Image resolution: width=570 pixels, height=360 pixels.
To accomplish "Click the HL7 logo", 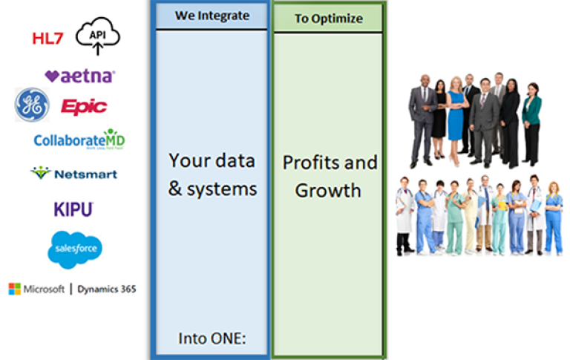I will point(49,39).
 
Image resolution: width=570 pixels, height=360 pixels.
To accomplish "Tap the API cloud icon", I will point(98,36).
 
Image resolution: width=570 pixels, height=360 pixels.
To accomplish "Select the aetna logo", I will point(79,76).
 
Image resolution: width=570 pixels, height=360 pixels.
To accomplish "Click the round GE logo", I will point(32,105).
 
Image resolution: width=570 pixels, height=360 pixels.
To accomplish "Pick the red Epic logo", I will point(84,107).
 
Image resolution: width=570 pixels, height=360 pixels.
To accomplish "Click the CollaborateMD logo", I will point(79,139).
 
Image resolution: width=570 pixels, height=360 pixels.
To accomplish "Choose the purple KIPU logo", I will point(73,209).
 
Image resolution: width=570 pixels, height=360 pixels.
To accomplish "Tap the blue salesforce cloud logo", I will point(74,248).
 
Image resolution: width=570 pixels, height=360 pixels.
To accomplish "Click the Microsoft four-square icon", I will point(14,289).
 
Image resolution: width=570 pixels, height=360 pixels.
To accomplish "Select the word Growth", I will point(328,190).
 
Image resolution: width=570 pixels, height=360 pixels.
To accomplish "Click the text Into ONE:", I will point(212,339).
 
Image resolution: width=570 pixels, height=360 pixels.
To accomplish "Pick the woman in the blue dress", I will point(455,119).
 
